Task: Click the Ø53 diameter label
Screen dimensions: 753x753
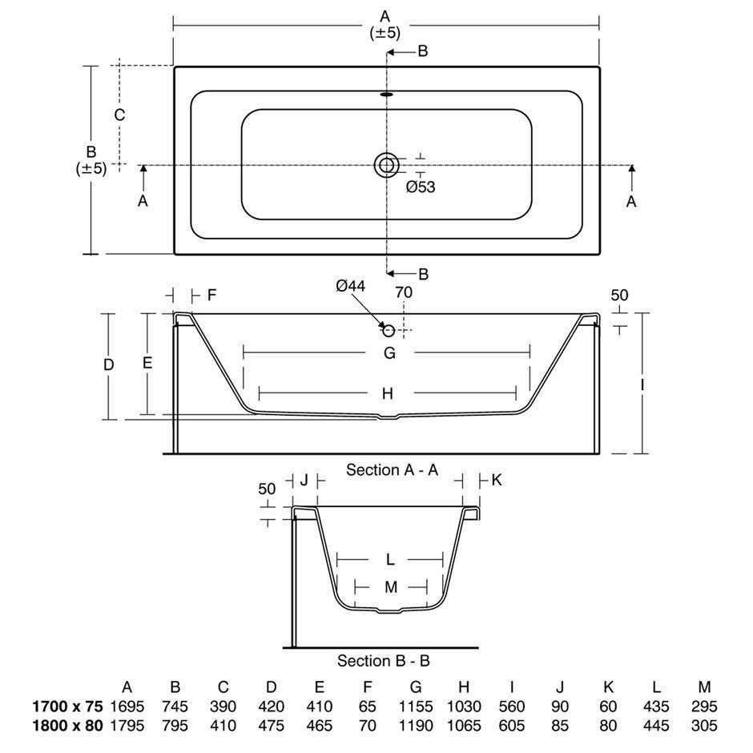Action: pos(421,187)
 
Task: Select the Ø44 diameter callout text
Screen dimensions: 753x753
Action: pos(351,286)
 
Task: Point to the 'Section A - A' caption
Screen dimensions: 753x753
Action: pos(392,469)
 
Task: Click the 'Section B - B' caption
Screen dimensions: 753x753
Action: pos(383,661)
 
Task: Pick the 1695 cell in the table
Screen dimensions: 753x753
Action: pos(127,707)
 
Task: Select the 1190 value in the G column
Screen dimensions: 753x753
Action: pos(416,725)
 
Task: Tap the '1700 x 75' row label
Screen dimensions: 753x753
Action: pos(67,707)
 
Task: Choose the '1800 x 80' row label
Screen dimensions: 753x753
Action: pos(67,725)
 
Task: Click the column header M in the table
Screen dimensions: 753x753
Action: pos(704,687)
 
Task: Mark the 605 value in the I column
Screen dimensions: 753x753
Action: pos(512,725)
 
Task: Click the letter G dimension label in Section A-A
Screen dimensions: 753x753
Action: pos(389,353)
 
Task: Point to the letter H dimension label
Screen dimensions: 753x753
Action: pos(388,393)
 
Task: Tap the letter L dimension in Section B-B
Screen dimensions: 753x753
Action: pos(390,559)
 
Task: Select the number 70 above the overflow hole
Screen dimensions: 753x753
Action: pos(404,292)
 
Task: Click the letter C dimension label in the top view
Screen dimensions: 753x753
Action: pos(119,115)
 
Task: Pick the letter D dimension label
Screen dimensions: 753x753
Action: pos(109,365)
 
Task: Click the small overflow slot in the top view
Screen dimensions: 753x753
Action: pos(387,95)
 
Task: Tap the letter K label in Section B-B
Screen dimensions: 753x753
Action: pos(497,480)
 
